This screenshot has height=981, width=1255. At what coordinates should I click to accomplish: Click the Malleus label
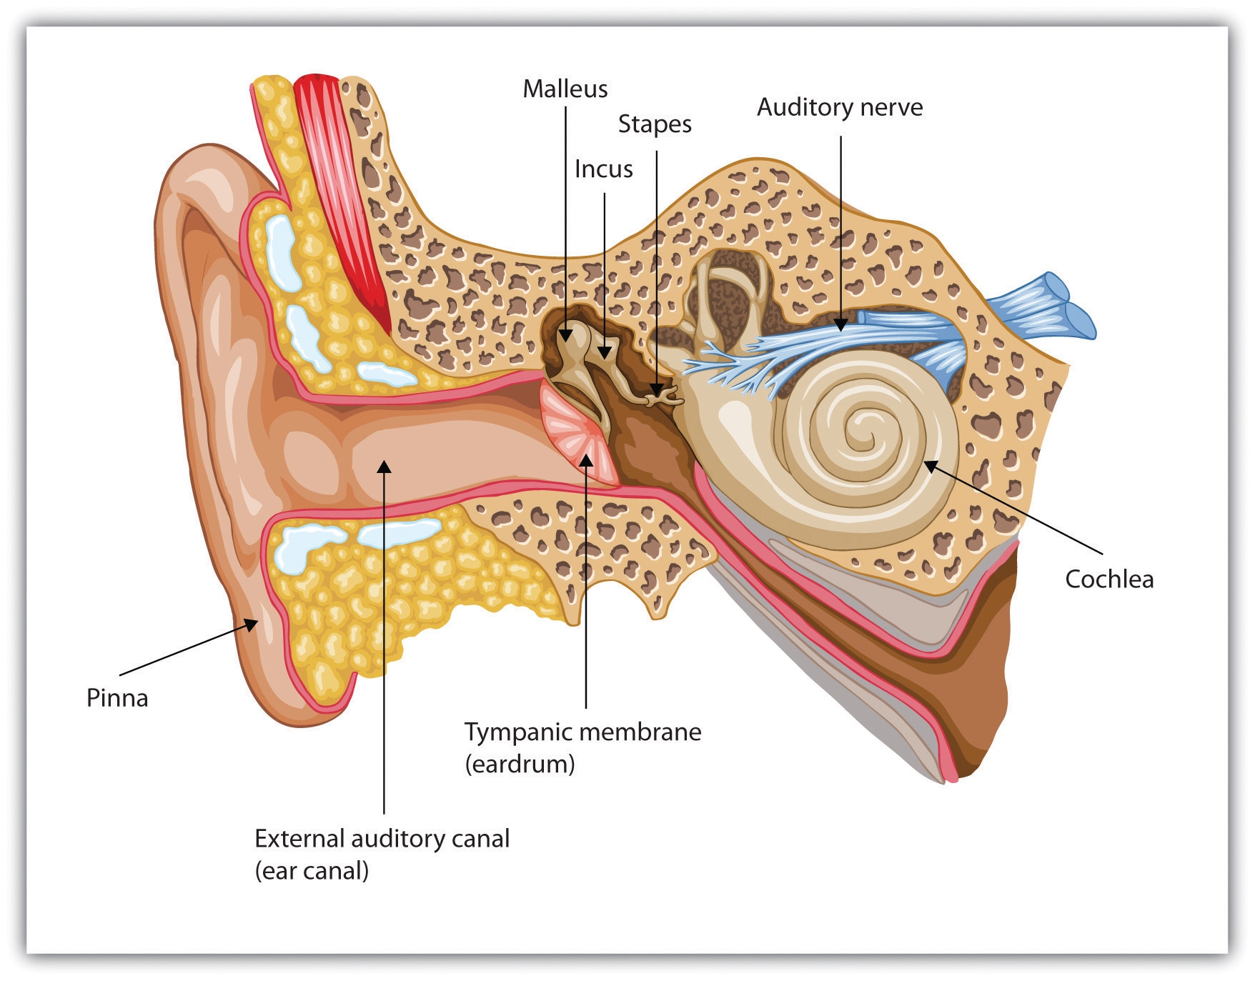(565, 89)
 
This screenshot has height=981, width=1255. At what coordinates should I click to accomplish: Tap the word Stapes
(654, 124)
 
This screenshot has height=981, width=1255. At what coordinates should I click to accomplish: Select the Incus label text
(603, 169)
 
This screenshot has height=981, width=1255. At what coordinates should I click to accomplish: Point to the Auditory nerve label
(839, 107)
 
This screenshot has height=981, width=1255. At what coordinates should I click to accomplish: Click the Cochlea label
(1108, 579)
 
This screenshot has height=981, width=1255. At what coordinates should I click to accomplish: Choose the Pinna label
(117, 698)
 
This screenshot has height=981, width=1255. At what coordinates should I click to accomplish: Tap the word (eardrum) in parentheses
(520, 765)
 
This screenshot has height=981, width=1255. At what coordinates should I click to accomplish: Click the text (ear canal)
(312, 871)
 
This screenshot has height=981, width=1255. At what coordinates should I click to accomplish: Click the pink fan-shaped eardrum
(576, 436)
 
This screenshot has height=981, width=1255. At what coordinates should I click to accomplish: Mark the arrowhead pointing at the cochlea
(930, 466)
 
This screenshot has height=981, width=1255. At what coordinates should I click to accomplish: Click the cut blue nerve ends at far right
(1072, 304)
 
